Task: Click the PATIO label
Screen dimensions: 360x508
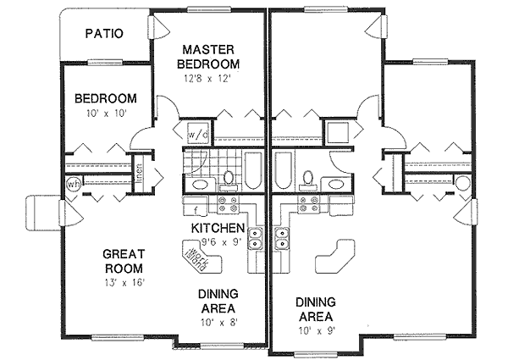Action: coord(105,35)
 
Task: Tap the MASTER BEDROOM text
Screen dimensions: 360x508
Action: coord(208,57)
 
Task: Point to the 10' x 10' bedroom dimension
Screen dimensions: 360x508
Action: coord(105,113)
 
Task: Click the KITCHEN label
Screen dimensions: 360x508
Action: coord(218,230)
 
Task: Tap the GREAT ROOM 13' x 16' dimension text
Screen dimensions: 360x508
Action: coord(125,283)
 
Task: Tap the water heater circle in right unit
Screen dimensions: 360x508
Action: coord(462,184)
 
